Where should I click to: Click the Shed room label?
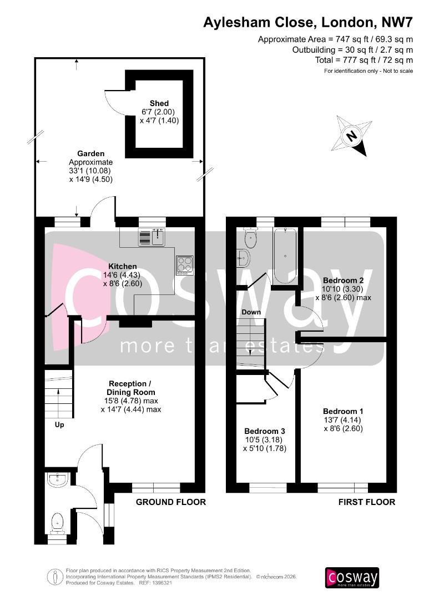pos(159,103)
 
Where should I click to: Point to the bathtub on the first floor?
pos(285,255)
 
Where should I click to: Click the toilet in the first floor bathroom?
pos(251,239)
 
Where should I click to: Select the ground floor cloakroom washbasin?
pos(57,479)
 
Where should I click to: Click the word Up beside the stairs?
pos(59,425)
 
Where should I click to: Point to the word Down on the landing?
pos(251,312)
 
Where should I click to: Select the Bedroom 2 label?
pos(343,281)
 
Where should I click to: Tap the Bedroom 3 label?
pos(265,432)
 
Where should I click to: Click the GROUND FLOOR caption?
pos(171,502)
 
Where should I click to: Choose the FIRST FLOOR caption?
pos(367,502)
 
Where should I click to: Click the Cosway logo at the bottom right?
pos(352,577)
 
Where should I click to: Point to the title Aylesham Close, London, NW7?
pos(308,23)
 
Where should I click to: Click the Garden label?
pos(91,153)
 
